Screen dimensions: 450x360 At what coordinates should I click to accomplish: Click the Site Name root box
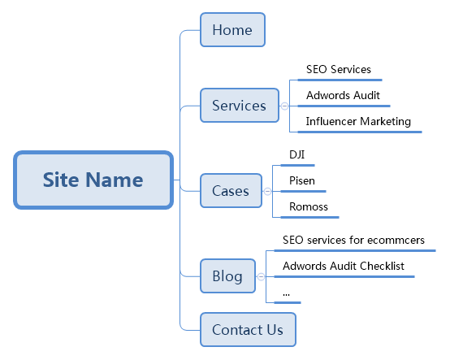[x=93, y=180]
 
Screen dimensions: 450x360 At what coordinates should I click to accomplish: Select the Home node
[x=232, y=29]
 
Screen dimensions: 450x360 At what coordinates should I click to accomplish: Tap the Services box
[x=240, y=106]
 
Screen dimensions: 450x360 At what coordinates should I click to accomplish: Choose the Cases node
[x=231, y=191]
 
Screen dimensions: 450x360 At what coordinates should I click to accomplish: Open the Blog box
[x=227, y=275]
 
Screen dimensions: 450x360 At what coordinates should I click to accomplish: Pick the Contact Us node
[x=248, y=330]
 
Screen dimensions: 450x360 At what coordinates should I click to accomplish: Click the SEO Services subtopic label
[x=339, y=69]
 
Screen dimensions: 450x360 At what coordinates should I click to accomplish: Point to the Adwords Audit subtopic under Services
[x=343, y=95]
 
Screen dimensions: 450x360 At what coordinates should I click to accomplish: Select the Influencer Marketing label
[x=358, y=121]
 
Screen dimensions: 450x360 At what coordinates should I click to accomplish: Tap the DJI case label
[x=296, y=154]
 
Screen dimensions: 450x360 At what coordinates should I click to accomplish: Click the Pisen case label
[x=302, y=181]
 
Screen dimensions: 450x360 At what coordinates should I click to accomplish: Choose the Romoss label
[x=309, y=206]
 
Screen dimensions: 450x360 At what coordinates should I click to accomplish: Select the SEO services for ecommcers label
[x=353, y=240]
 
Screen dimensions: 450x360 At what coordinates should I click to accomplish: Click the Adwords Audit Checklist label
[x=344, y=266]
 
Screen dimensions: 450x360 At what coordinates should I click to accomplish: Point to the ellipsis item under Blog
[x=286, y=294]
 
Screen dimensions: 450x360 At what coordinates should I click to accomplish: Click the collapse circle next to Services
[x=284, y=106]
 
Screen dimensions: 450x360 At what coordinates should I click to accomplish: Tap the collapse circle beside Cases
[x=267, y=192]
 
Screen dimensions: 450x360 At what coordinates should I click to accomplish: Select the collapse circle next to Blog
[x=262, y=277]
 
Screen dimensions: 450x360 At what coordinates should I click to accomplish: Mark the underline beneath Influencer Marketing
[x=360, y=132]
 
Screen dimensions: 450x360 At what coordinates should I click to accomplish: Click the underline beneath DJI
[x=297, y=165]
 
